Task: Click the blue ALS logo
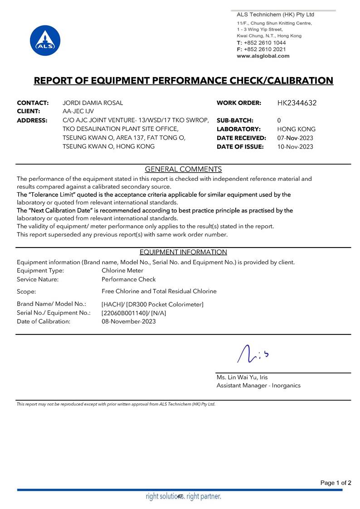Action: tap(45, 40)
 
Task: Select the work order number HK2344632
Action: tap(297, 103)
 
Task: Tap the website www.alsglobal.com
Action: tap(263, 56)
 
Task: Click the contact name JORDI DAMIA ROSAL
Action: tap(92, 103)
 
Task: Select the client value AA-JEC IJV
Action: tap(78, 111)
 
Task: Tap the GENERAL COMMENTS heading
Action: tap(183, 170)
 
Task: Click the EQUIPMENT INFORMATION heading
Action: tap(183, 252)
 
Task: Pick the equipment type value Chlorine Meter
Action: tap(122, 271)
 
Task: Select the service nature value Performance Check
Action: tap(128, 279)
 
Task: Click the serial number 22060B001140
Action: tap(124, 313)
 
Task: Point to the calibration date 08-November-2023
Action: tap(128, 321)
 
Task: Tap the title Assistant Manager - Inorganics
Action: tap(258, 385)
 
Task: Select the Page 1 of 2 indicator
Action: tap(336, 483)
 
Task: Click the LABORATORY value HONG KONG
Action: tap(296, 129)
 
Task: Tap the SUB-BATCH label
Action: tap(235, 121)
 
